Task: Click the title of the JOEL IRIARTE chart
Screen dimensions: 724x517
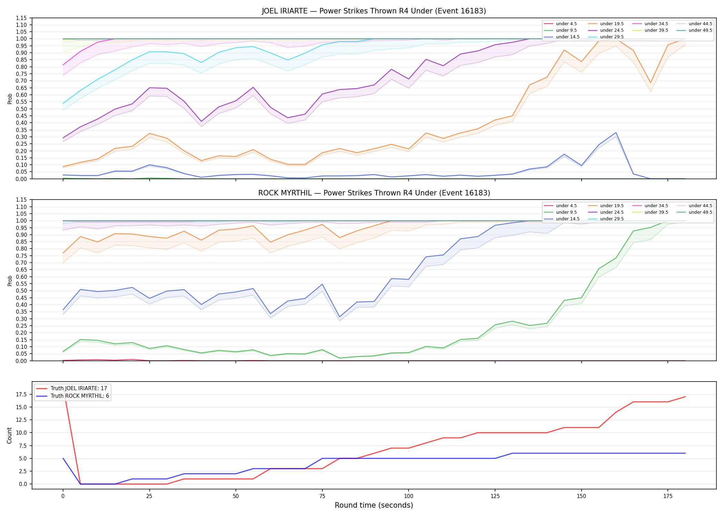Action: (x=374, y=11)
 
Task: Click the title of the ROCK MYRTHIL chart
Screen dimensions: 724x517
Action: (x=374, y=193)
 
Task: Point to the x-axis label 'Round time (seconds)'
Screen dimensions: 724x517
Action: (x=374, y=505)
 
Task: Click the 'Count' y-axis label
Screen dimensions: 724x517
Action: (x=9, y=435)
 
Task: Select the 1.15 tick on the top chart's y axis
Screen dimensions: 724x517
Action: (x=21, y=18)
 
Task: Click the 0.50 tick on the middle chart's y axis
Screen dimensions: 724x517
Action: (x=21, y=291)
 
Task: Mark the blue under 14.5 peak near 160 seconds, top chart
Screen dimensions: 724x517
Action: (x=616, y=133)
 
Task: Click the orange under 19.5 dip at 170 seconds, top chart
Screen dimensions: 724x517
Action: (x=651, y=83)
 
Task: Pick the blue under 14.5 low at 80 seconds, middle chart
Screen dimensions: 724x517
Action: (x=340, y=317)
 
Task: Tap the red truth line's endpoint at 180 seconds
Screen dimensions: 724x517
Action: (x=685, y=397)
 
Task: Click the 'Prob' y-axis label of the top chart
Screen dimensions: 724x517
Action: (x=10, y=99)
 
